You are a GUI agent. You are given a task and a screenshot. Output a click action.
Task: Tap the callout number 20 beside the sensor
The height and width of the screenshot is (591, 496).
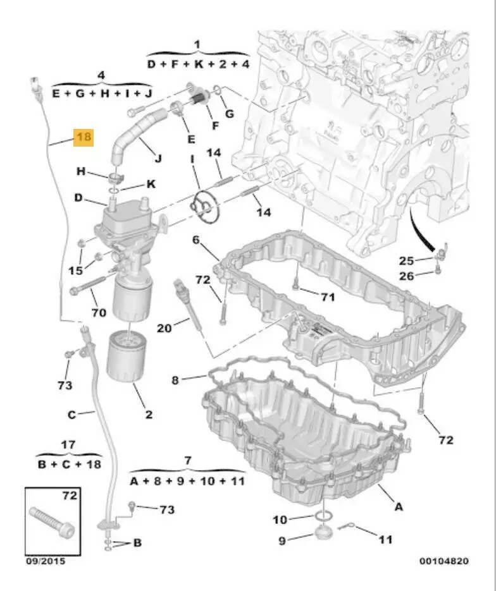pyautogui.click(x=164, y=327)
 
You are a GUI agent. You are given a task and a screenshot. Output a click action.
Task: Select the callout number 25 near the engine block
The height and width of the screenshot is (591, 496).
pyautogui.click(x=406, y=260)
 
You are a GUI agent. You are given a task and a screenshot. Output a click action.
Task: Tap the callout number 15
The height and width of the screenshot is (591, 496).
pyautogui.click(x=75, y=271)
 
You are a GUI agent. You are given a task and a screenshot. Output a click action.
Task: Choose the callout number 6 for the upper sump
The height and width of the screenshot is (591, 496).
pyautogui.click(x=196, y=240)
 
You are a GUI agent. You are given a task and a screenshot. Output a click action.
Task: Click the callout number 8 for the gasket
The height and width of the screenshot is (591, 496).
pyautogui.click(x=176, y=380)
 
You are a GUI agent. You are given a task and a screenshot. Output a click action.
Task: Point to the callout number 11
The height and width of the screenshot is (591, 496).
pyautogui.click(x=385, y=539)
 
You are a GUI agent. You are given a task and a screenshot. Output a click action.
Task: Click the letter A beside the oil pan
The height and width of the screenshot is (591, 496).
pyautogui.click(x=399, y=506)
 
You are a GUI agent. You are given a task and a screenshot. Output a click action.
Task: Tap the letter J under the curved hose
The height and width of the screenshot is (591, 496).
pyautogui.click(x=158, y=158)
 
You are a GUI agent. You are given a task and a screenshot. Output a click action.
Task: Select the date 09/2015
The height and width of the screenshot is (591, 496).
pyautogui.click(x=44, y=560)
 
